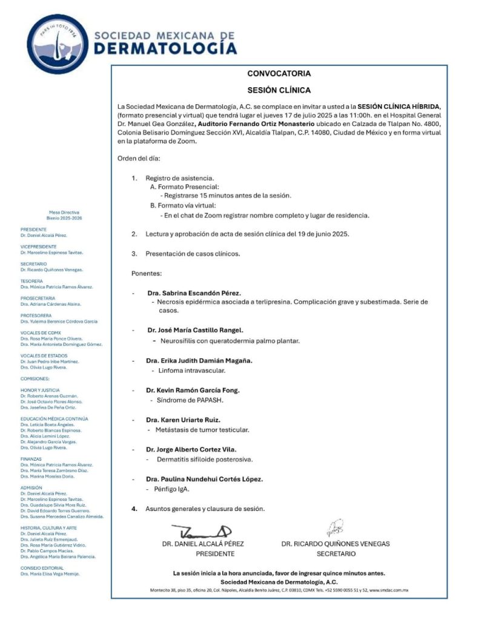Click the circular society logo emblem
click(x=57, y=44)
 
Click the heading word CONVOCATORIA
click(x=279, y=74)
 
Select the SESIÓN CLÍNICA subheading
click(x=279, y=90)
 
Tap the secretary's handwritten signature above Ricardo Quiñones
click(x=335, y=529)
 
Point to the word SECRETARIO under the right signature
click(x=336, y=553)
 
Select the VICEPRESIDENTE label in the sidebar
click(x=38, y=247)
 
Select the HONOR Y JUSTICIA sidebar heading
click(x=40, y=390)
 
